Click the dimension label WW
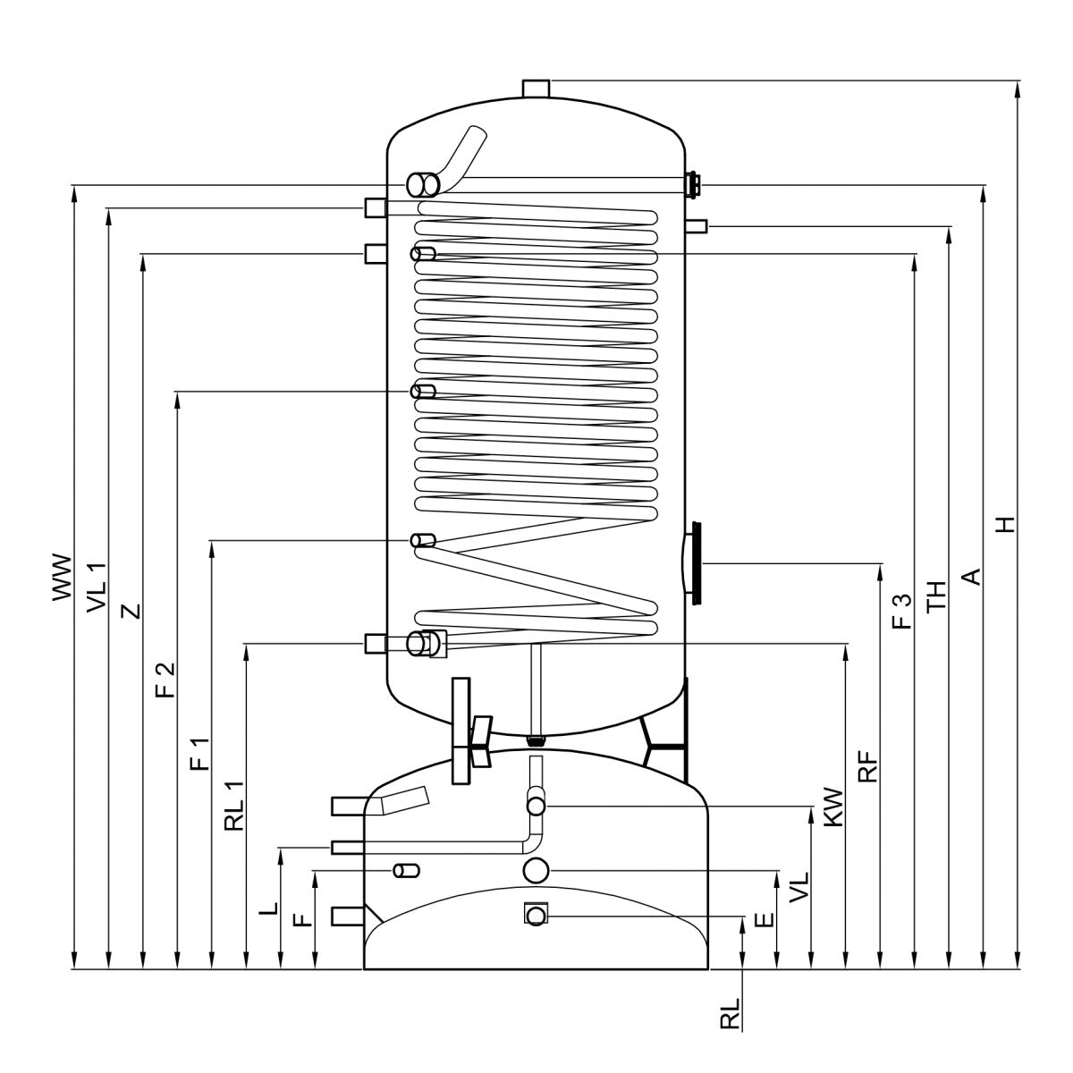point(63,578)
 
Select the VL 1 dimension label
point(97,587)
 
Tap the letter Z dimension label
point(131,612)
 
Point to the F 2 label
point(165,680)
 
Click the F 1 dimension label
point(200,754)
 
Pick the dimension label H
point(1006,525)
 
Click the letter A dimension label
point(971,577)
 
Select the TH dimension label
point(936,596)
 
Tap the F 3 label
point(902,611)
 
